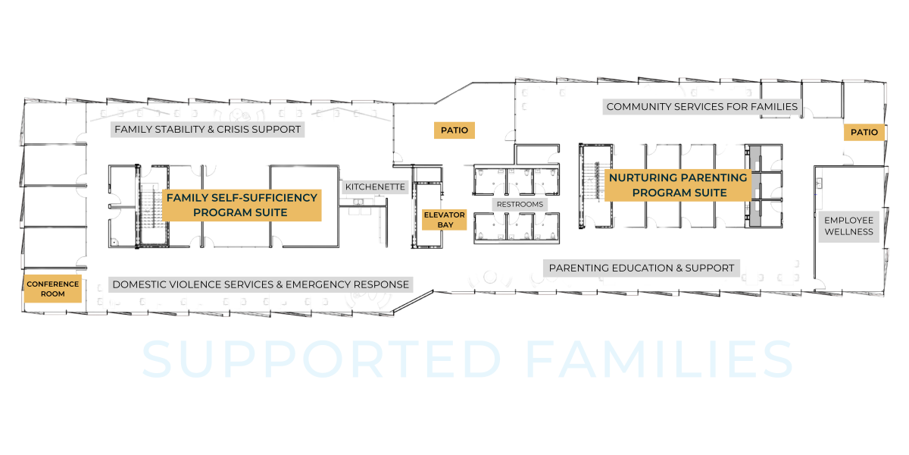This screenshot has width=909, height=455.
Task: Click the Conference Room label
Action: [x=53, y=289]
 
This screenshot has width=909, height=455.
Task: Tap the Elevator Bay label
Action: [x=444, y=220]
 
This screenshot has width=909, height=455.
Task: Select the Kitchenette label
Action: [x=376, y=187]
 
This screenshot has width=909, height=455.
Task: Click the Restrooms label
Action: [x=520, y=205]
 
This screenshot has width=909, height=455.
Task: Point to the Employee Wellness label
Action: [x=848, y=226]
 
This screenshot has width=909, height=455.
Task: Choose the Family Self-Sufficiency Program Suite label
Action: [x=242, y=205]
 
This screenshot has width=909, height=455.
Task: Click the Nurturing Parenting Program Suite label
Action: [x=678, y=185]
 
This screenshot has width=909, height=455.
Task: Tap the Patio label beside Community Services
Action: [x=454, y=130]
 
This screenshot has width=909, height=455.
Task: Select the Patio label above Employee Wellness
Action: [x=864, y=132]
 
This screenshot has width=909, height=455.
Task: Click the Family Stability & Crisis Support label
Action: [x=208, y=130]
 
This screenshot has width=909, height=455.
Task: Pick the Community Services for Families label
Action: [x=701, y=107]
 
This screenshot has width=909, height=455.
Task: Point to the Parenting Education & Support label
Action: [x=641, y=268]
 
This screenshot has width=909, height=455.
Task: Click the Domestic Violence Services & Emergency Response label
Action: [x=261, y=284]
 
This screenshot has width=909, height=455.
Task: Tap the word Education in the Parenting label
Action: [x=635, y=268]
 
